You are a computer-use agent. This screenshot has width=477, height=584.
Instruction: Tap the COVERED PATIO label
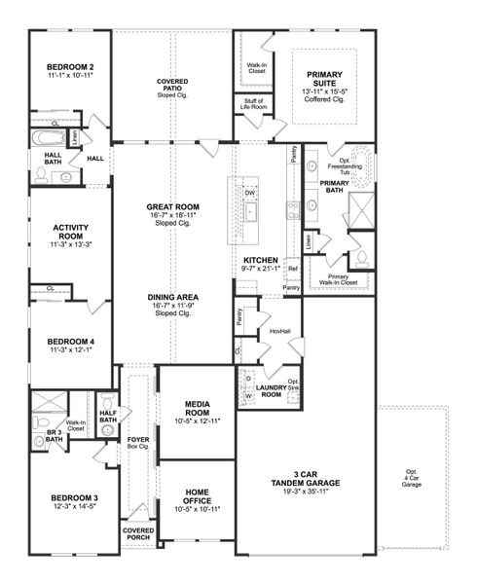point(172,86)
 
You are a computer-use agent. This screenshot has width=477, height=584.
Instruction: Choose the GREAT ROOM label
point(172,207)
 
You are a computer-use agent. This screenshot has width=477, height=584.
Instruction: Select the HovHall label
point(280,331)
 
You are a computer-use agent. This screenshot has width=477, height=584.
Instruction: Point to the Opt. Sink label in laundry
point(293,383)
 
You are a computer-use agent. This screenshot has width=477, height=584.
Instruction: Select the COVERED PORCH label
point(137,534)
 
